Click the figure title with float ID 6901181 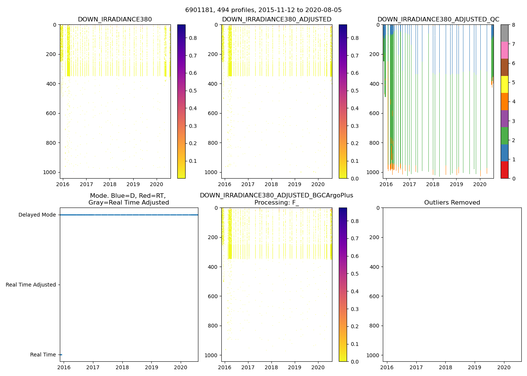pyautogui.click(x=263, y=10)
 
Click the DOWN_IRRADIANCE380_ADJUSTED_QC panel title pyautogui.click(x=439, y=20)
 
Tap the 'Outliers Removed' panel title pyautogui.click(x=452, y=203)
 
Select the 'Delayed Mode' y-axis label pyautogui.click(x=37, y=215)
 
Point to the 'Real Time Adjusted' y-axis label pyautogui.click(x=31, y=285)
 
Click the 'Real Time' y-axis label pyautogui.click(x=43, y=355)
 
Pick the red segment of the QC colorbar pyautogui.click(x=504, y=170)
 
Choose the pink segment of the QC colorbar pyautogui.click(x=504, y=50)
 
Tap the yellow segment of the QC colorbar pyautogui.click(x=504, y=84)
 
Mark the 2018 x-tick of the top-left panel pyautogui.click(x=110, y=184)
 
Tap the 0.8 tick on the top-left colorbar pyautogui.click(x=193, y=38)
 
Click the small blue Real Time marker pyautogui.click(x=61, y=355)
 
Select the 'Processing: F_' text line pyautogui.click(x=276, y=203)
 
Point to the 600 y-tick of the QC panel pyautogui.click(x=375, y=113)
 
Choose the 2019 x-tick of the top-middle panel pyautogui.click(x=295, y=184)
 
